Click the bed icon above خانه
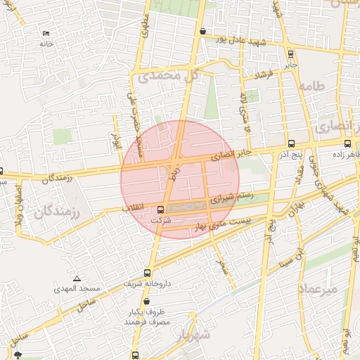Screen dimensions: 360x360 (x=46, y=34)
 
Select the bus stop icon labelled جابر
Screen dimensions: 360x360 (x=290, y=53)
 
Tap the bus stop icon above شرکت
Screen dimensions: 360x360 (x=160, y=209)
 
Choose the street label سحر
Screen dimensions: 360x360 (x=222, y=266)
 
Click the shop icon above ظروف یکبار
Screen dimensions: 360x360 (x=146, y=301)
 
